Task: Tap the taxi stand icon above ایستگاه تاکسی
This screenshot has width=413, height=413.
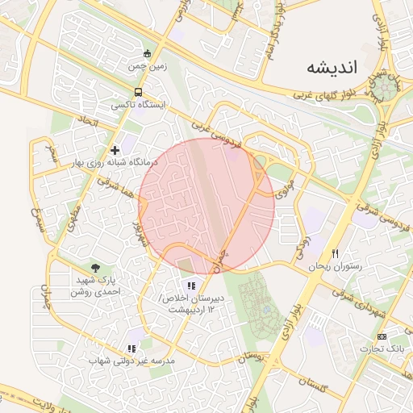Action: [x=139, y=92]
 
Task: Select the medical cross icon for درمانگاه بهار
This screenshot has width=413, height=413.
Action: [x=115, y=150]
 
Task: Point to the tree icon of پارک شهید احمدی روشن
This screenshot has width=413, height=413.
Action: [x=96, y=269]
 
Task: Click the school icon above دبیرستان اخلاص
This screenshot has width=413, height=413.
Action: [x=190, y=286]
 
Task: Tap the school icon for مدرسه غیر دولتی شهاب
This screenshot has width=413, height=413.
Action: [x=131, y=348]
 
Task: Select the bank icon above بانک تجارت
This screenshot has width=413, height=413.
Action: [x=382, y=336]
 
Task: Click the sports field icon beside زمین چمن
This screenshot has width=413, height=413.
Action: [x=145, y=54]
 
